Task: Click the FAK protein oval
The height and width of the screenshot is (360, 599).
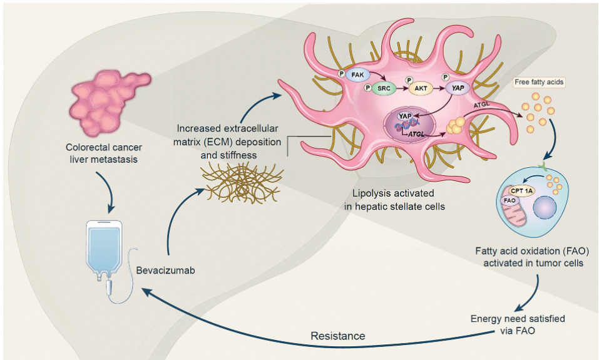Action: click(x=357, y=75)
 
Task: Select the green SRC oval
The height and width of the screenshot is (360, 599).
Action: click(x=384, y=88)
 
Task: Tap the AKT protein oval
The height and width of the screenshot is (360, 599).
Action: click(x=421, y=88)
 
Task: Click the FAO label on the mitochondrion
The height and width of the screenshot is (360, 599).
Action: click(x=509, y=200)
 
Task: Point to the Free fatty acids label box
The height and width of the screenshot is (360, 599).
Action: click(x=539, y=82)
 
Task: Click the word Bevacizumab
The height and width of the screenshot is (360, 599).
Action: click(x=165, y=270)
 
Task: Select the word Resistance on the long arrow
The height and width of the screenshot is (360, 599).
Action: click(x=338, y=336)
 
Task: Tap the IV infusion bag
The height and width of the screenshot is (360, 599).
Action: click(x=104, y=249)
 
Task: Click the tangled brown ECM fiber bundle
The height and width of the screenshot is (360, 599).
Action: click(x=242, y=182)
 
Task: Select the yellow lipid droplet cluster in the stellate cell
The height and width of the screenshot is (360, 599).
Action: click(x=456, y=125)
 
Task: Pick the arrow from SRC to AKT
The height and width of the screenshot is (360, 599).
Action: click(x=402, y=88)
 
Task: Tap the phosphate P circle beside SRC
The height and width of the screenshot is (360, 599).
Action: click(x=367, y=88)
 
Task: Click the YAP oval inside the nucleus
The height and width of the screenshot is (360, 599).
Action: click(x=404, y=116)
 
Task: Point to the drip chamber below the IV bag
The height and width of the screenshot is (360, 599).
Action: click(x=110, y=287)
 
